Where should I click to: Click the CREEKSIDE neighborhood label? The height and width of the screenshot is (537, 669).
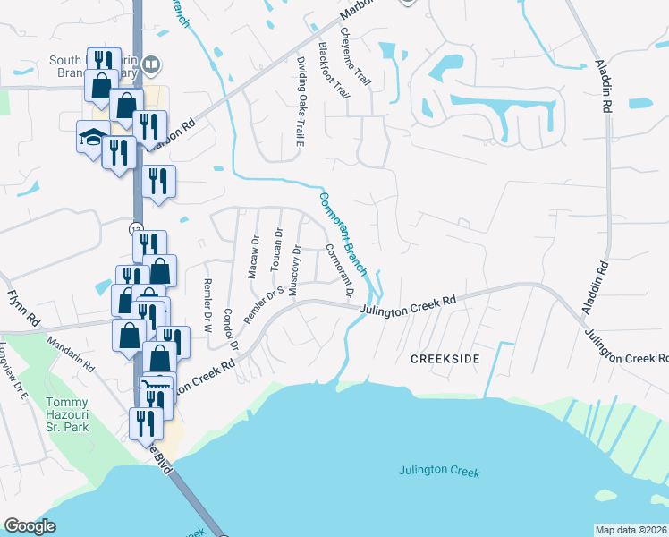pos(445,358)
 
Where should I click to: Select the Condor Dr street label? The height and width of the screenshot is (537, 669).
pos(231,329)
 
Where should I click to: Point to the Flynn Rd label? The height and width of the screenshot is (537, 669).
pos(24,308)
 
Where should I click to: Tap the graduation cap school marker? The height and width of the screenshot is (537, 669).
pos(93,137)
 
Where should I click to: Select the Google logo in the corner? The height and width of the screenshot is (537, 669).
pos(30,526)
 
